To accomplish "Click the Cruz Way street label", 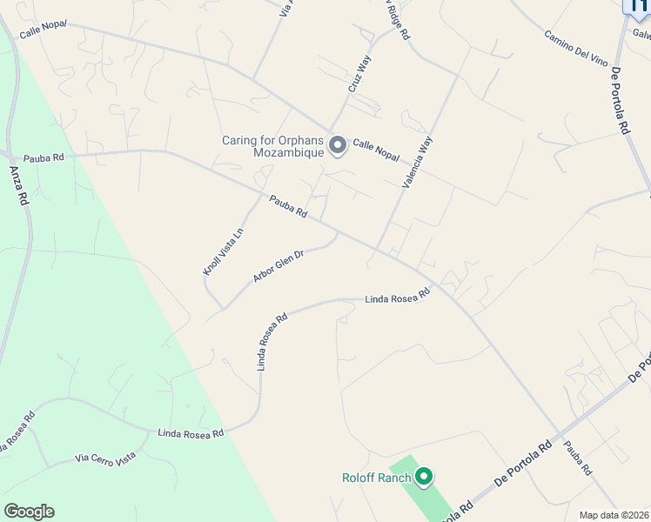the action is coord(359,73).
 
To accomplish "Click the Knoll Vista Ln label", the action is coord(224,251).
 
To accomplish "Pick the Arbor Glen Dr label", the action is coord(278,266).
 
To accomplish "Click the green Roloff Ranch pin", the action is coord(424,477).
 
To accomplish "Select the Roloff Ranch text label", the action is coord(375,477).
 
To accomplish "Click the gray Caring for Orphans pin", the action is coord(337,145).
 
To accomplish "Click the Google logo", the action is coord(29,512).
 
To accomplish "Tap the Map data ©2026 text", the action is coord(614,515).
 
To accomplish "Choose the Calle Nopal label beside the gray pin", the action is coord(376,151).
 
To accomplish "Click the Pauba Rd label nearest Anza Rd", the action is coord(44,158).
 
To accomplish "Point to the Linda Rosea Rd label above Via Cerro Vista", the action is coord(191,432).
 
